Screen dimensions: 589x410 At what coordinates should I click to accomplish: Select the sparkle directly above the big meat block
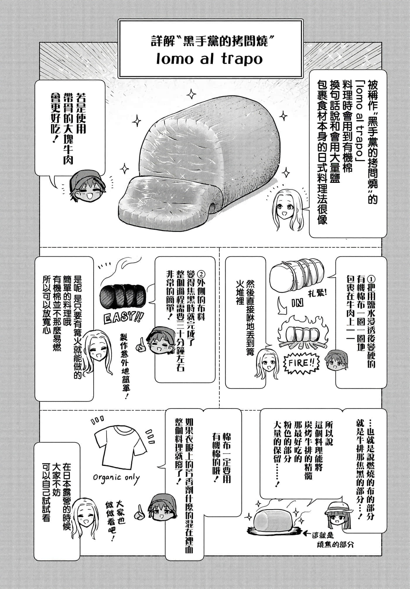tap(192, 94)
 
